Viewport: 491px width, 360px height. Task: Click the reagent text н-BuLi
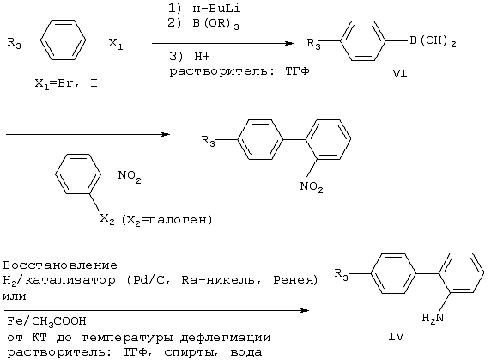[x=216, y=9]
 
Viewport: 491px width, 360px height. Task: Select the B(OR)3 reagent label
[x=215, y=24]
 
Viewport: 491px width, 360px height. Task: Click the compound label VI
[x=400, y=74]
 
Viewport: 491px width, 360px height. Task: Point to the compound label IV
[x=396, y=337]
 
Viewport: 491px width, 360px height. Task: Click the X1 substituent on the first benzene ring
[x=116, y=44]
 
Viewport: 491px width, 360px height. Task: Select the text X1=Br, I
[x=66, y=84]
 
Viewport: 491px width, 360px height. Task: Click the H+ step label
[x=202, y=57]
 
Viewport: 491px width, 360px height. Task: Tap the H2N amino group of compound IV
[x=433, y=318]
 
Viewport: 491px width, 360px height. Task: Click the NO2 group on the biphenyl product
[x=312, y=187]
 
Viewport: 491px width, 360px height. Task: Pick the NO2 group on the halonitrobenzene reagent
[x=130, y=176]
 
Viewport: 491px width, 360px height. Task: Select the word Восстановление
[x=60, y=265]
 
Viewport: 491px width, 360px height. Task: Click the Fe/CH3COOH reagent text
[x=46, y=321]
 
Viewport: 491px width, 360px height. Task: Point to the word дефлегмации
[x=226, y=338]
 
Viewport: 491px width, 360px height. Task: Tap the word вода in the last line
[x=246, y=352]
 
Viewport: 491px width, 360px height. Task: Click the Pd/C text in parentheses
[x=149, y=279]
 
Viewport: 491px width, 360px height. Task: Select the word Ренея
[x=293, y=280]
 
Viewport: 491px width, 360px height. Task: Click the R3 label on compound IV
[x=341, y=274]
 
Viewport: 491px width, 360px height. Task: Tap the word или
[x=14, y=296]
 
